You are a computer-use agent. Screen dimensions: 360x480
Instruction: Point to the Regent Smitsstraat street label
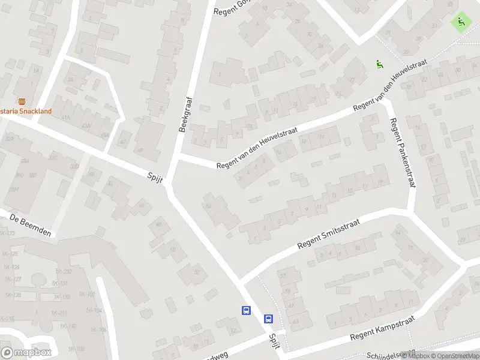coord(328,235)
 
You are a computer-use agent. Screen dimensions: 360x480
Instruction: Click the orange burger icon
coord(22,101)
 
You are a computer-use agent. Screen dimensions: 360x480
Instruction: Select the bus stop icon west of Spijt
coord(246,310)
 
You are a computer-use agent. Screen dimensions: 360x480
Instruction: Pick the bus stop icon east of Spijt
coord(269,319)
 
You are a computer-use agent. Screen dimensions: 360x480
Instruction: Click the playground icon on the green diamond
coord(461,23)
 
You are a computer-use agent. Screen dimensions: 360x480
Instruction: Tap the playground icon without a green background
coord(379,64)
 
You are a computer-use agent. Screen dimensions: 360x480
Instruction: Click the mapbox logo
coord(26,352)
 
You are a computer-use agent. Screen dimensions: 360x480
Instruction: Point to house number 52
coord(196,271)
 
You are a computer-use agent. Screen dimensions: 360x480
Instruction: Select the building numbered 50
coord(173,250)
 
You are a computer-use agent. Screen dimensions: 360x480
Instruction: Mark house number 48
coord(159,224)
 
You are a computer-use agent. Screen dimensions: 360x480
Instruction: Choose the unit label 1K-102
coord(87,294)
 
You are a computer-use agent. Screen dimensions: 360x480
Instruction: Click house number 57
coord(282,275)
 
